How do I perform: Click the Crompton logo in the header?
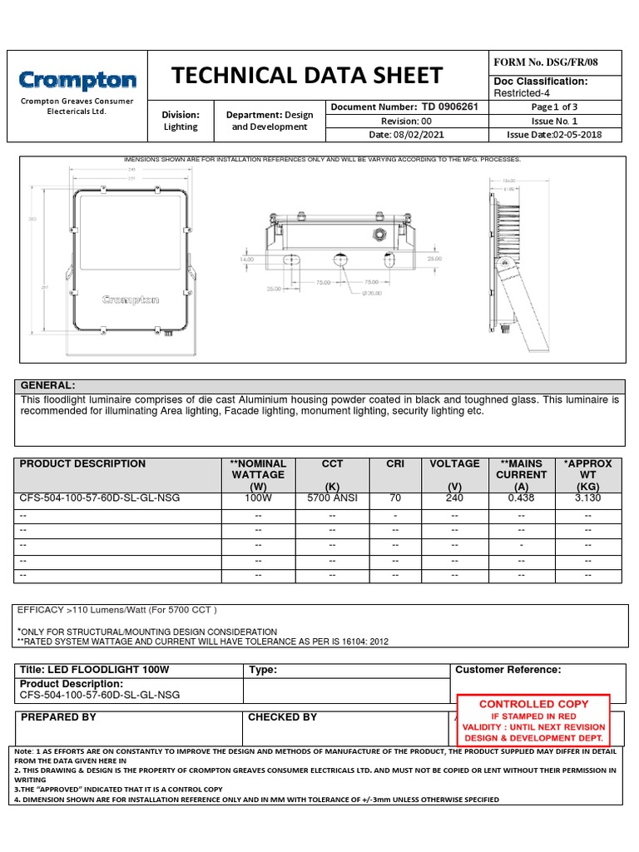pos(77,81)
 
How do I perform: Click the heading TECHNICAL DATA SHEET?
pos(306,76)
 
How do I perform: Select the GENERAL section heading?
pos(47,386)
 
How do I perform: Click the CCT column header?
pos(332,463)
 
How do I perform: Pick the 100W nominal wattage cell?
pos(258,498)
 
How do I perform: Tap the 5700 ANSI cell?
pos(332,498)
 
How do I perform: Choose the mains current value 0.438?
pos(522,498)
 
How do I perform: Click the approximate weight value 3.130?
pos(587,498)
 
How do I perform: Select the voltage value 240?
pos(454,498)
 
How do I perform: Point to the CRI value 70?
pos(395,498)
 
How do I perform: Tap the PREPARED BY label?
pos(58,717)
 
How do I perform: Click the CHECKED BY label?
pos(282,717)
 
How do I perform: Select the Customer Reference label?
pos(508,670)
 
